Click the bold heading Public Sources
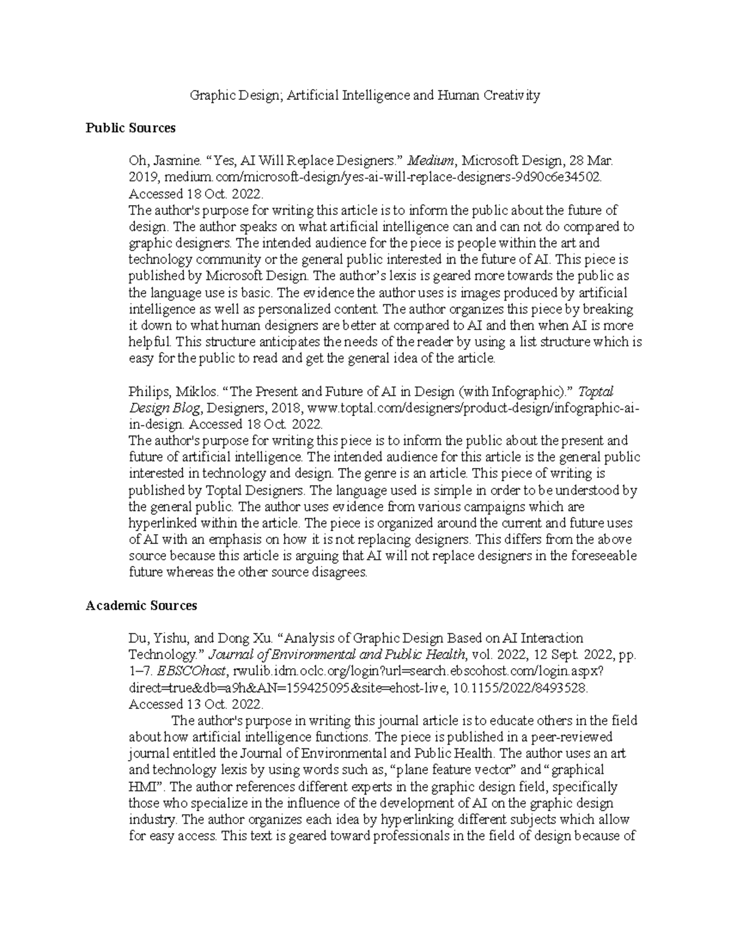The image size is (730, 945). click(x=130, y=128)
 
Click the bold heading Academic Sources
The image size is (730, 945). click(x=141, y=605)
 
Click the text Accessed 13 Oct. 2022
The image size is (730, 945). click(x=196, y=704)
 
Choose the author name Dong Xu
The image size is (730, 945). click(x=243, y=638)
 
